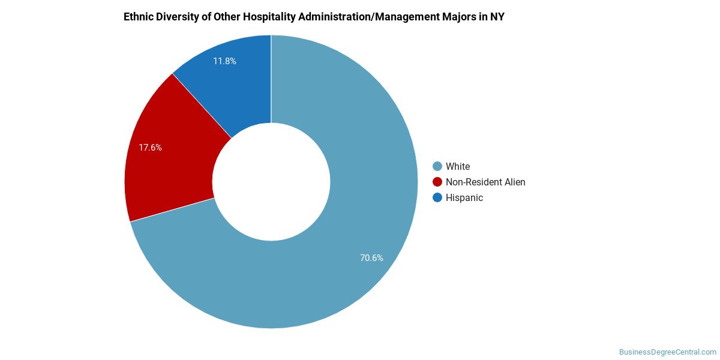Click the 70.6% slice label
click(x=371, y=258)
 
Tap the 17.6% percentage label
click(x=150, y=147)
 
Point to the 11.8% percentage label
click(x=224, y=61)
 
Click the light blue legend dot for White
click(x=437, y=166)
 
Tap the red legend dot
click(x=437, y=182)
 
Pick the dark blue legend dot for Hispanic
click(x=437, y=197)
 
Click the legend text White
click(x=458, y=166)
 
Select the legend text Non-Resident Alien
click(x=485, y=182)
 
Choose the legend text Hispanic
click(x=464, y=197)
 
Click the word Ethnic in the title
click(x=138, y=17)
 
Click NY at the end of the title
click(x=497, y=17)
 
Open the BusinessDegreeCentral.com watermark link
click(x=668, y=352)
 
